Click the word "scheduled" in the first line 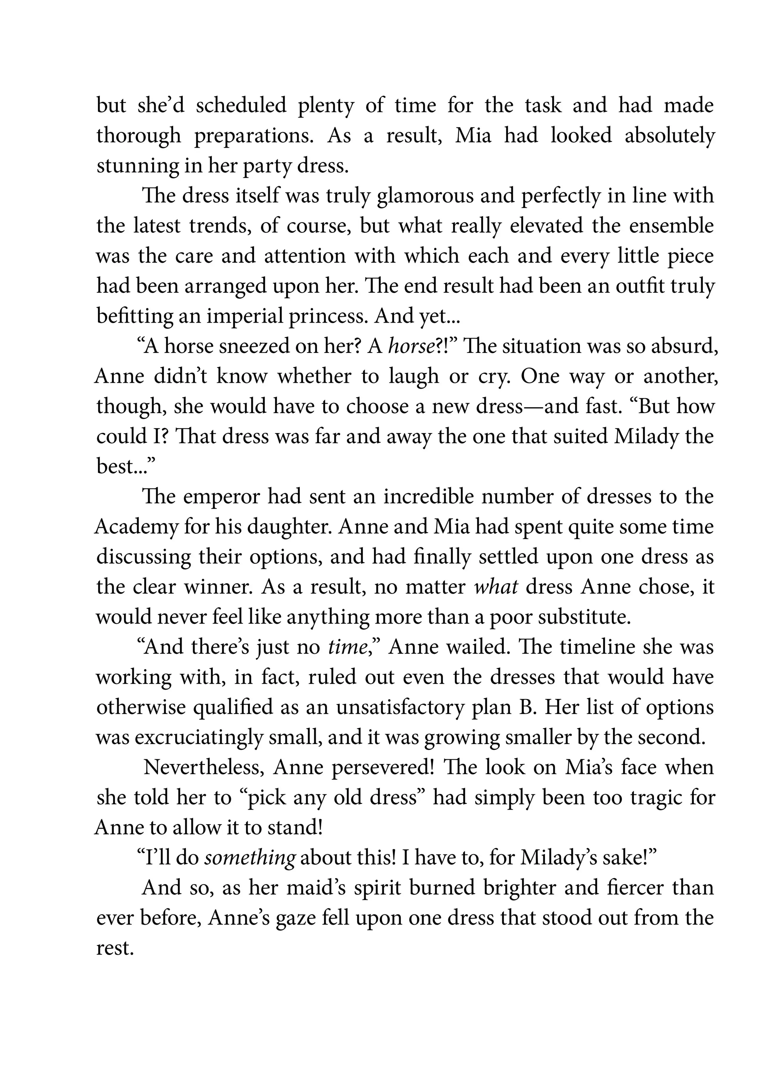(x=241, y=106)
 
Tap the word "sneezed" (x=242, y=346)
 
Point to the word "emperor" (x=221, y=497)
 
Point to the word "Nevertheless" (x=203, y=768)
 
